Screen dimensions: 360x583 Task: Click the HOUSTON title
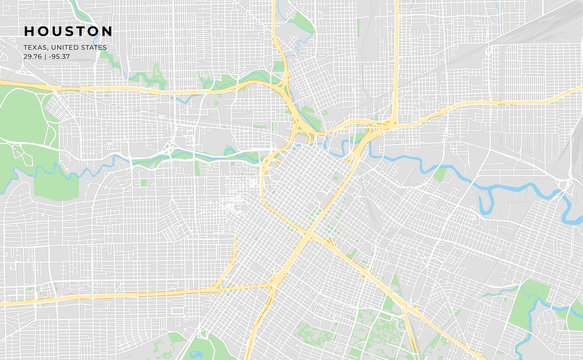(x=68, y=31)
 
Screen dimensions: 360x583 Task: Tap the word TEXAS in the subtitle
(x=35, y=47)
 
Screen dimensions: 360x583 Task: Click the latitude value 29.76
(x=33, y=55)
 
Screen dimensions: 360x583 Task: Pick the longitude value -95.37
(x=59, y=55)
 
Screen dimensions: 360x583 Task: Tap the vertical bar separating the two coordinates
(x=45, y=55)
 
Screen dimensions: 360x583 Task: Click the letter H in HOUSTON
(x=29, y=31)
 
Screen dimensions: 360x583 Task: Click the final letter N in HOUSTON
(x=106, y=31)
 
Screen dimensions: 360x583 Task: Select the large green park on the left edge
(x=25, y=120)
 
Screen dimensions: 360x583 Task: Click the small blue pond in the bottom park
(x=196, y=351)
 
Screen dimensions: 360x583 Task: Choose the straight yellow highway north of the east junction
(x=396, y=60)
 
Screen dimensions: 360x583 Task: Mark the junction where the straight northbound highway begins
(x=392, y=124)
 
